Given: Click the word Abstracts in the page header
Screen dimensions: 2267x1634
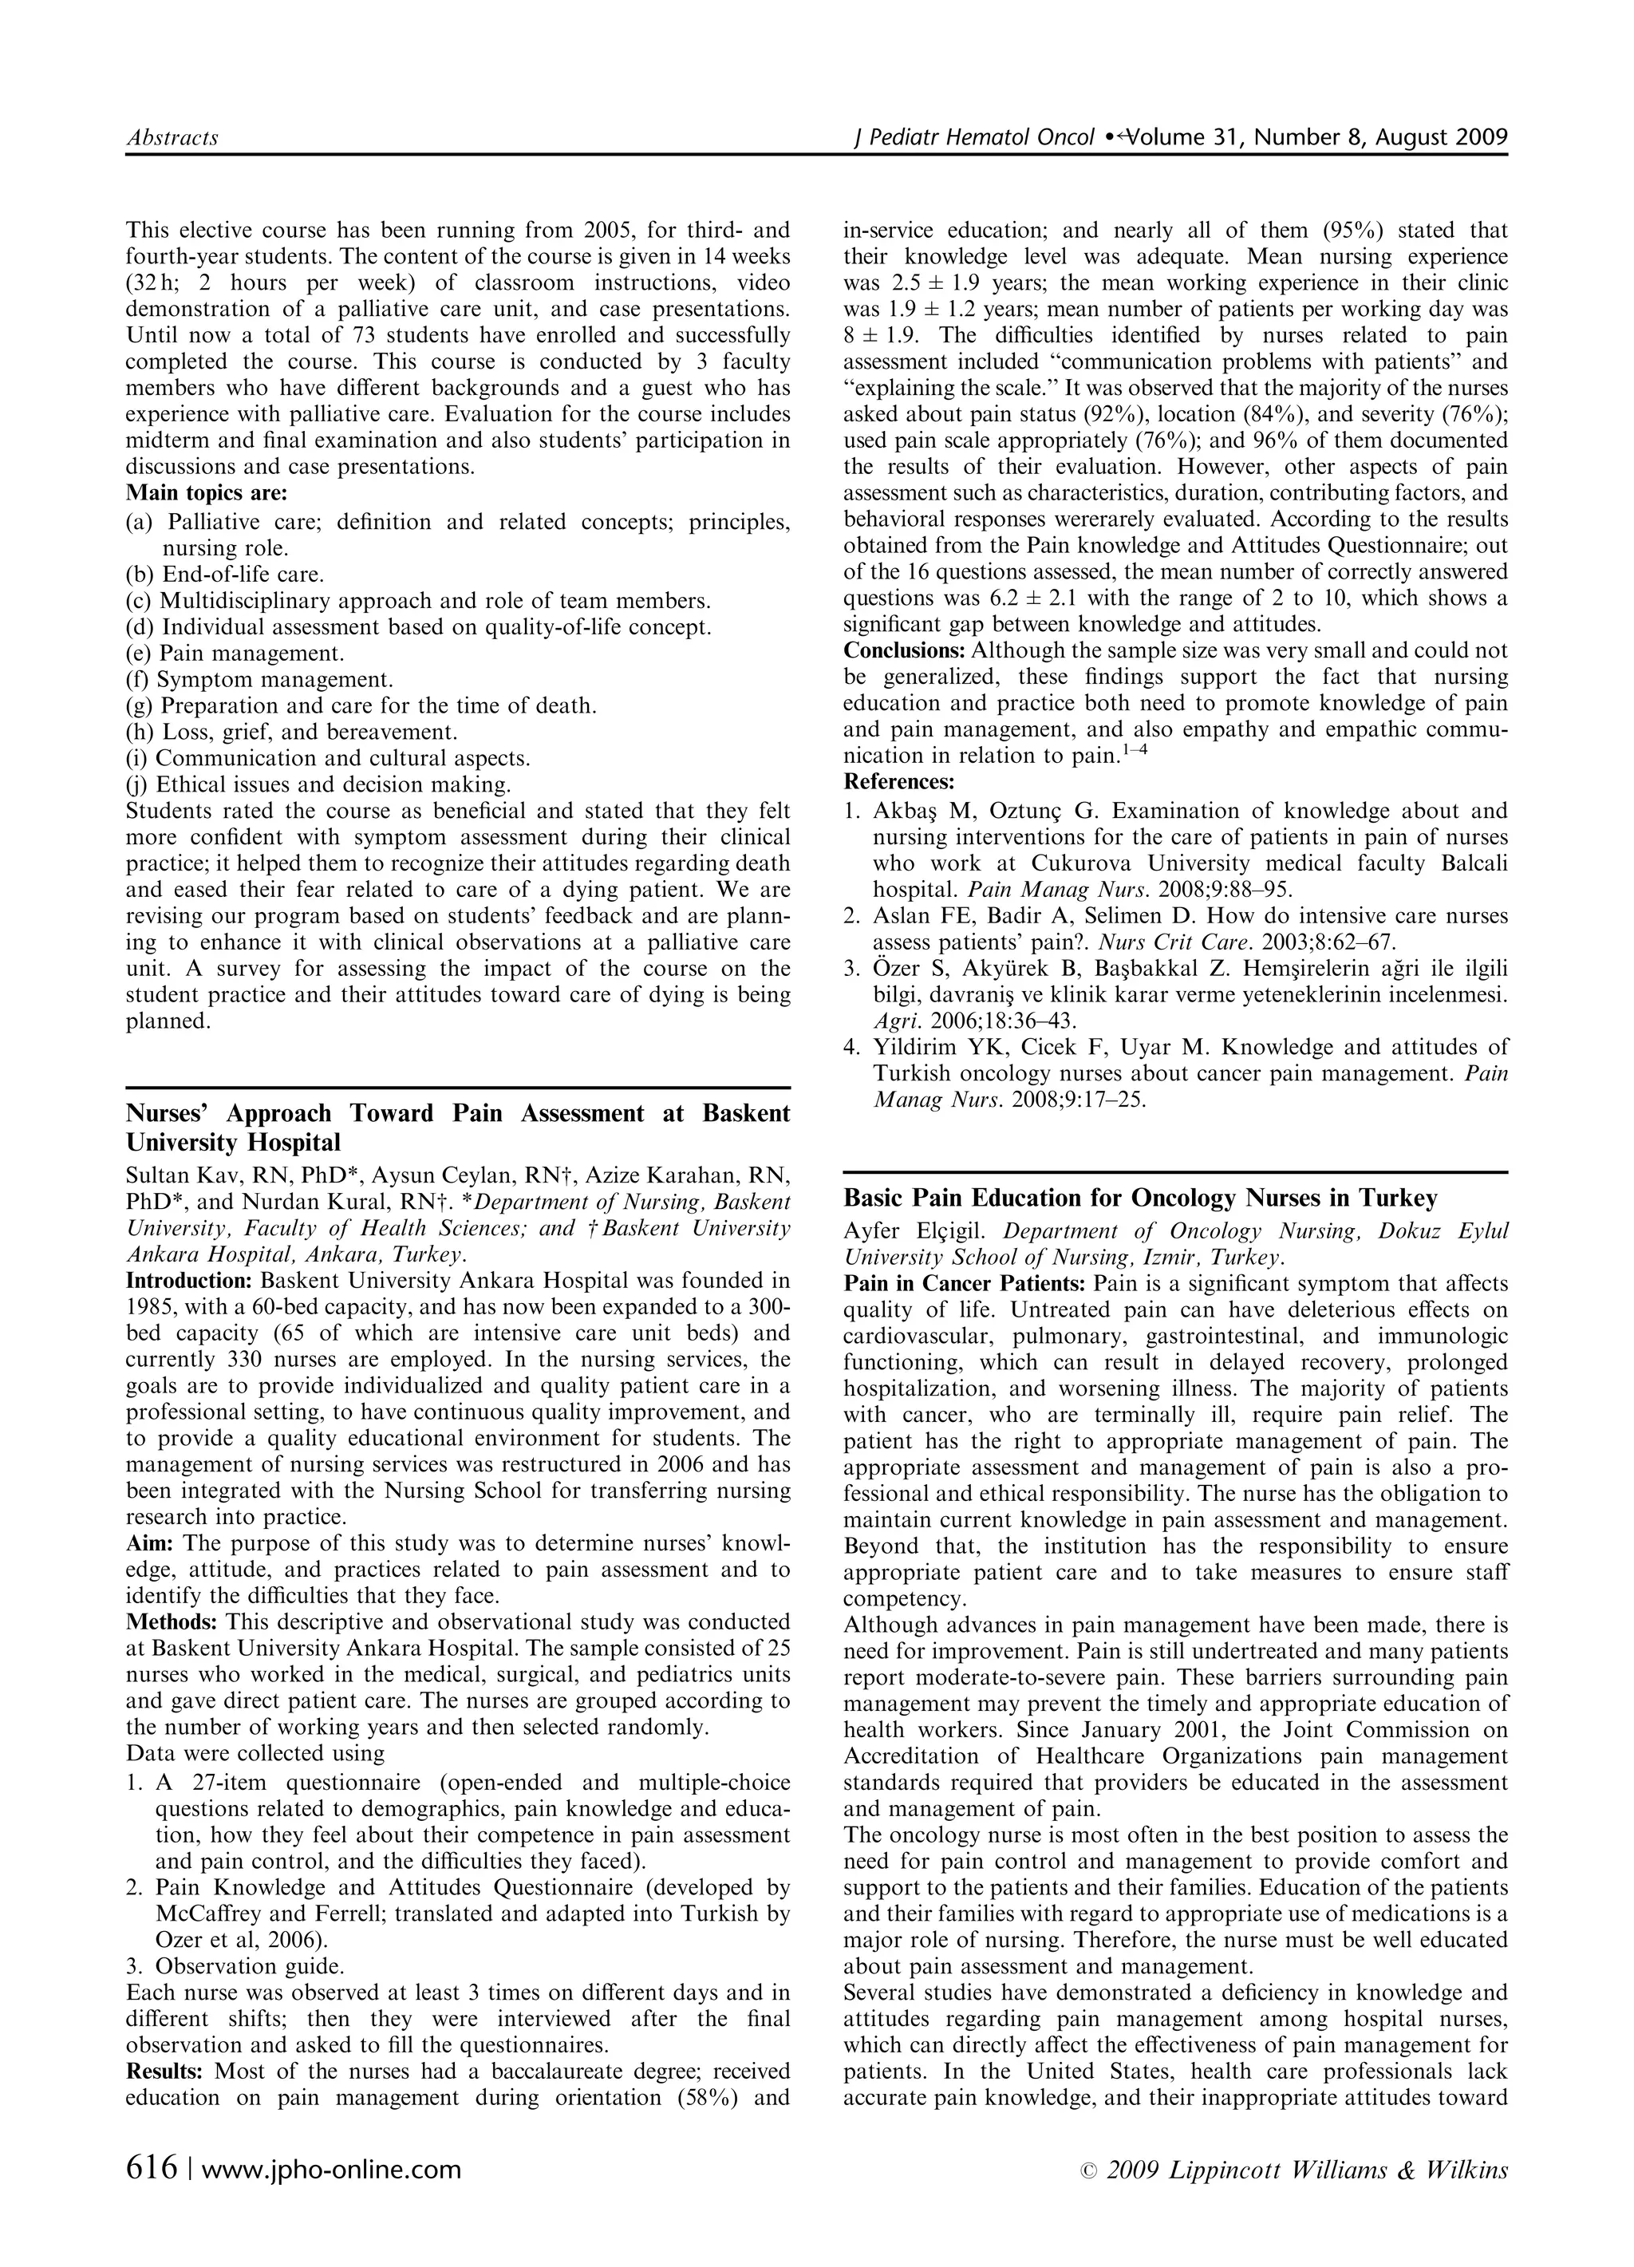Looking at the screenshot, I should click(x=172, y=138).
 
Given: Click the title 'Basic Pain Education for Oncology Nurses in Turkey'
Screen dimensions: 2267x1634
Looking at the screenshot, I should click(x=1140, y=1199).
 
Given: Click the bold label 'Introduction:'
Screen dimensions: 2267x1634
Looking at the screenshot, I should click(x=189, y=1281).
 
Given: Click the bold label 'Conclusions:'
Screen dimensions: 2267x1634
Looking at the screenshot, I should click(x=905, y=650).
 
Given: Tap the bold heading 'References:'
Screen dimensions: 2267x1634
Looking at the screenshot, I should click(x=898, y=782).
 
